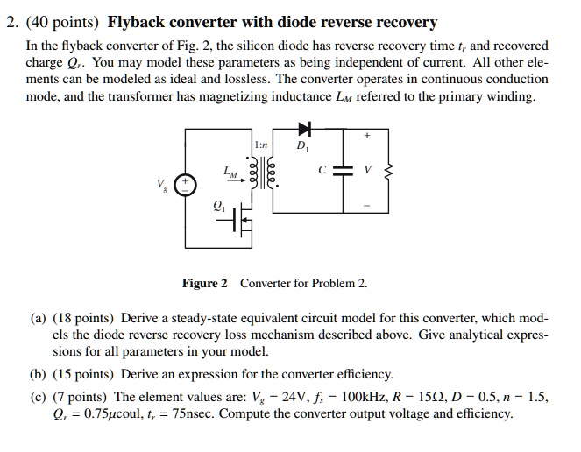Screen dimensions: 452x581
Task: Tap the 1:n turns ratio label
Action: [260, 144]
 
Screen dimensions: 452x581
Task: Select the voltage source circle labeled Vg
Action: [186, 185]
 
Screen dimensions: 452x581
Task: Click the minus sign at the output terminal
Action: [367, 208]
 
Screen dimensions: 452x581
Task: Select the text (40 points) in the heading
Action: [61, 22]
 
